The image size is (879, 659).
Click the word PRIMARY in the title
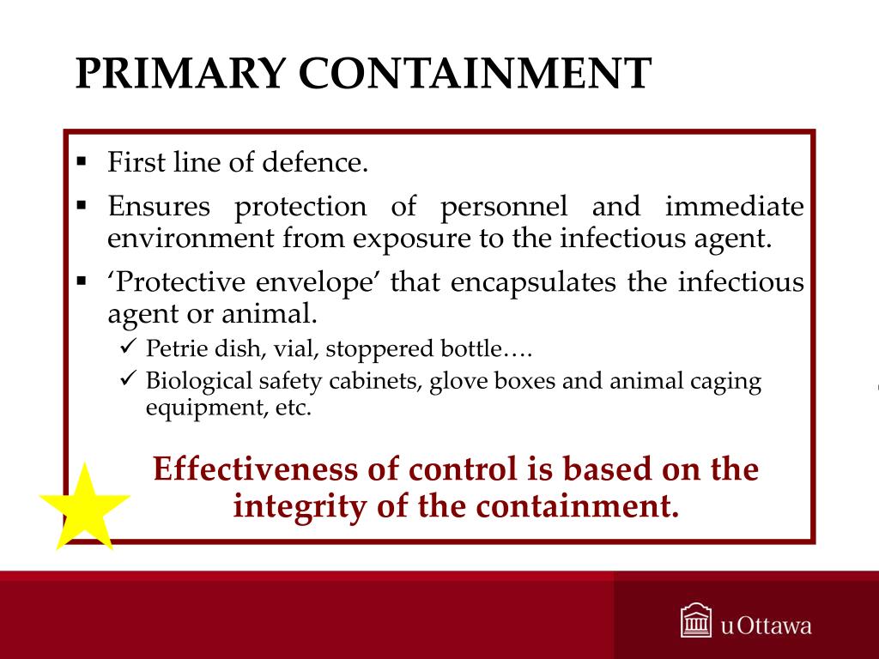[x=180, y=74]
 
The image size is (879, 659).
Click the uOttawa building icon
[x=694, y=621]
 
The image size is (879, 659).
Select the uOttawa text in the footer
[x=766, y=625]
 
